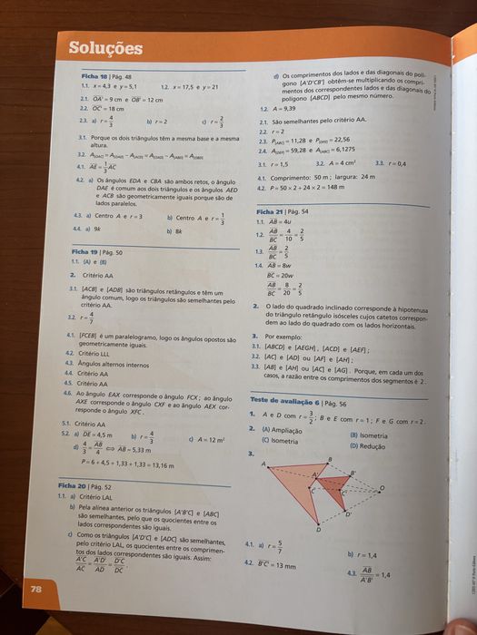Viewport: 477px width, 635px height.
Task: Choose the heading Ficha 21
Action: [273, 210]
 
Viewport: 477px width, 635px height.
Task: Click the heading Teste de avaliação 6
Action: [284, 401]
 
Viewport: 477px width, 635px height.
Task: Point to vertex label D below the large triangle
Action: [318, 529]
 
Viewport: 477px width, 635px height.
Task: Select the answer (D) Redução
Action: [369, 445]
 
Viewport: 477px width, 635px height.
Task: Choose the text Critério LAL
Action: [99, 497]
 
